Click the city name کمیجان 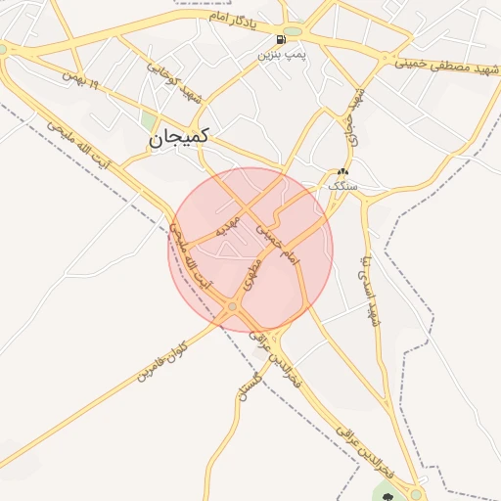182,141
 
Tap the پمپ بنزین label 282,55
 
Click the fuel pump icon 282,40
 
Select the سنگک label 343,185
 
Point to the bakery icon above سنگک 342,171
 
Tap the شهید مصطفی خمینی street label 441,62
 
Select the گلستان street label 246,390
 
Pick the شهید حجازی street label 354,116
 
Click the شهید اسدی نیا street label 370,289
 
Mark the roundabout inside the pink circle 232,309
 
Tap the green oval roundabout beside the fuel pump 294,31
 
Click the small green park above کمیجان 148,120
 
